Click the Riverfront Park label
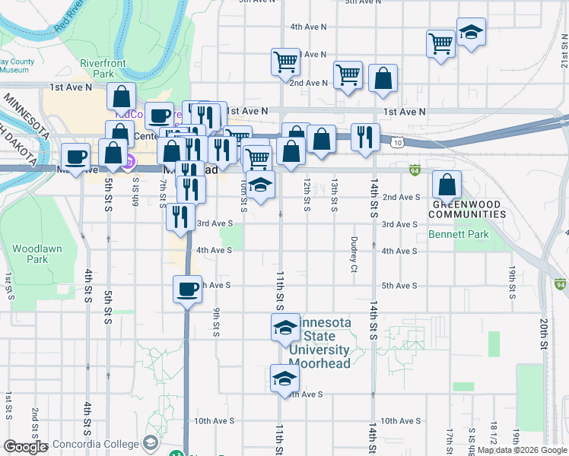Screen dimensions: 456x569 point(97,68)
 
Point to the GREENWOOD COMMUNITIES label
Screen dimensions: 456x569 point(469,210)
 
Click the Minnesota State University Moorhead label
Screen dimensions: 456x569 point(319,343)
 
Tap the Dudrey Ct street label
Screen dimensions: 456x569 point(354,253)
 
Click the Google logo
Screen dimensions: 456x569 point(25,447)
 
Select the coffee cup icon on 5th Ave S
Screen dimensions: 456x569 point(188,289)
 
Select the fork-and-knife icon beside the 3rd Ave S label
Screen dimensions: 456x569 point(180,217)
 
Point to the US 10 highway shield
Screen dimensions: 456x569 point(399,142)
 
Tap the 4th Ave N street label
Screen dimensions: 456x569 point(308,27)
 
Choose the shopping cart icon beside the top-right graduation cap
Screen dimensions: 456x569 point(440,44)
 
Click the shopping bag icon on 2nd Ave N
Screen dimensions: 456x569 point(383,78)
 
